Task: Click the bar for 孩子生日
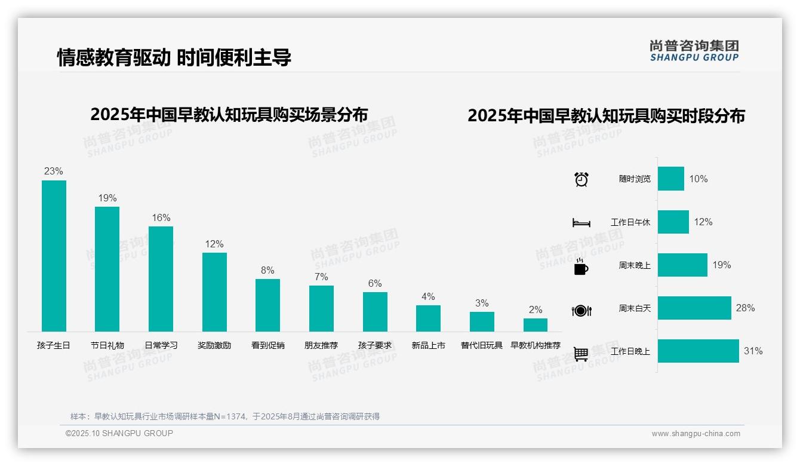tap(54, 256)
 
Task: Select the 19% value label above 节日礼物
tap(107, 198)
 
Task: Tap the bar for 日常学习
tap(161, 278)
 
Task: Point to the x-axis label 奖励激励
tap(214, 345)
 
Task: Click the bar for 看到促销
tap(267, 305)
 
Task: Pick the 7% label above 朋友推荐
tap(321, 277)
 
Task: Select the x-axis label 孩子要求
tap(375, 345)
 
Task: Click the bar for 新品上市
tap(428, 318)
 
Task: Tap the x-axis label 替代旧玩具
tap(482, 345)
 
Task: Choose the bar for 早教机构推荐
tap(536, 325)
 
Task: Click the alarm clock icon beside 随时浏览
tap(581, 179)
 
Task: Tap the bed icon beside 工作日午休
tap(581, 222)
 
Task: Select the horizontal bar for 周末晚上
tap(682, 265)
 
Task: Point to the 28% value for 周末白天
tap(745, 308)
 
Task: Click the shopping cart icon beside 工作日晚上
tap(581, 354)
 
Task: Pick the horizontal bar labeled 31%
tap(699, 351)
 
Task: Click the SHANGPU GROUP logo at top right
tap(694, 51)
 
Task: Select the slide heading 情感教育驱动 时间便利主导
tap(174, 57)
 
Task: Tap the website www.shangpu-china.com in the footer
tap(696, 434)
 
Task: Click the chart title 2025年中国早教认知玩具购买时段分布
tap(606, 116)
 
